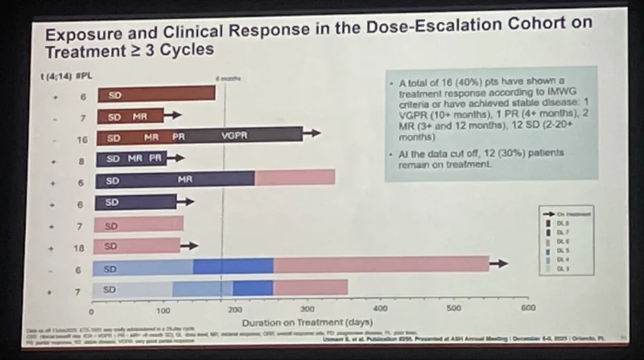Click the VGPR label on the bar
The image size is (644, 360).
(234, 136)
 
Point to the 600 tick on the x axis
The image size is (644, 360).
(527, 307)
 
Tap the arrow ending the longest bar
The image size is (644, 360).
(499, 263)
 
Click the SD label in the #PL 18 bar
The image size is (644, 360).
(111, 246)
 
